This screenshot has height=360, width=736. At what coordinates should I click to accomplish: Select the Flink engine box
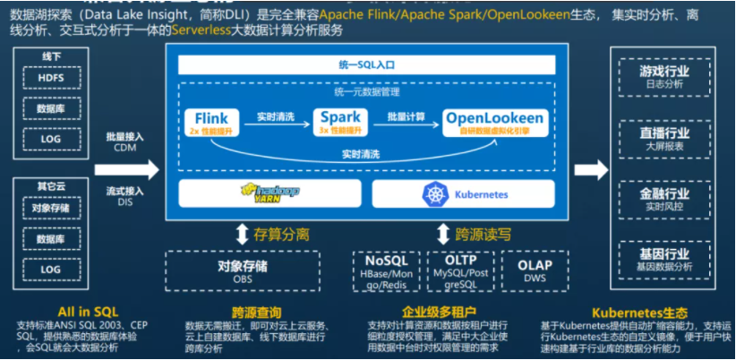point(212,122)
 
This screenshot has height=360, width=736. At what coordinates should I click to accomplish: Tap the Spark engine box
point(340,122)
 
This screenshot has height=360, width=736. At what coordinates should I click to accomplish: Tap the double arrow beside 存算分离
point(241,235)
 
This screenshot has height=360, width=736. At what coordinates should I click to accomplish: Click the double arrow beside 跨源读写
point(442,235)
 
